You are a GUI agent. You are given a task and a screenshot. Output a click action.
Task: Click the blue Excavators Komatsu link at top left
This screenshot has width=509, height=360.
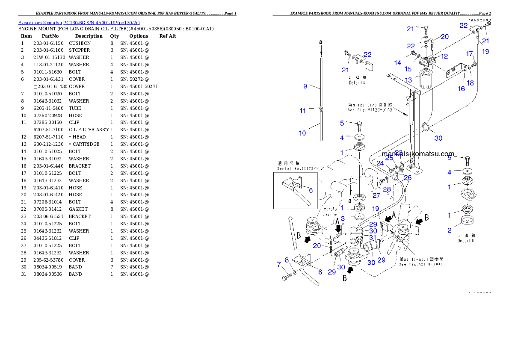coord(79,23)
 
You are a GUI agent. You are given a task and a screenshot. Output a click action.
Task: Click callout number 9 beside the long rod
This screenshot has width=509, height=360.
coord(305,86)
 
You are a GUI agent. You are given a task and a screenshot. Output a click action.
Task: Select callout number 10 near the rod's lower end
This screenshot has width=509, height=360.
coord(302,133)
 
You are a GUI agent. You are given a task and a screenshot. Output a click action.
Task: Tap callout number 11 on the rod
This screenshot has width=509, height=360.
coord(302,111)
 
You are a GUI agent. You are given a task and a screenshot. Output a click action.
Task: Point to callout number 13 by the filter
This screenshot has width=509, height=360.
coord(408,80)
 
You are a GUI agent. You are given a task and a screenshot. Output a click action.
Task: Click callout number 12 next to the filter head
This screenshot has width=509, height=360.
coord(444,56)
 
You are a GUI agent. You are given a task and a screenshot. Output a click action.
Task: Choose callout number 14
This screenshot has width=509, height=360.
coord(398,63)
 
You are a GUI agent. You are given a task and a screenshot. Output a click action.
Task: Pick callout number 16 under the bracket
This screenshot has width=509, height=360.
coord(462,89)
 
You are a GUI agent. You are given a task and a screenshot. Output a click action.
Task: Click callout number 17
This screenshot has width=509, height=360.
coord(470,54)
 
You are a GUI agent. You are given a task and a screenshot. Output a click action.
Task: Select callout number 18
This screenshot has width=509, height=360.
coord(471,83)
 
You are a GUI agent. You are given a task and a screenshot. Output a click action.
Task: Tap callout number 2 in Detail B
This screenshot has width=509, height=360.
coord(449,230)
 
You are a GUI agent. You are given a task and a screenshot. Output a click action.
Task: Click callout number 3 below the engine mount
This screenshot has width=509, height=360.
coord(343,218)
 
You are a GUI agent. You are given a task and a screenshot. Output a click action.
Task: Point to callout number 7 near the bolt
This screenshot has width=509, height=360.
coord(279,265)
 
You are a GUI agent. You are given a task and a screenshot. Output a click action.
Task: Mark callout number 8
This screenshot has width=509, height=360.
coord(287,260)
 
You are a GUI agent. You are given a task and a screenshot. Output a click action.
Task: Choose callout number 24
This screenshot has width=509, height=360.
coord(380,163)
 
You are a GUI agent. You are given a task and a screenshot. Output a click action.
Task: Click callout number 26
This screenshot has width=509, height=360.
coord(408,177)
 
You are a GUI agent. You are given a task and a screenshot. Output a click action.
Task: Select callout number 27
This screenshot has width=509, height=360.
coord(376,195)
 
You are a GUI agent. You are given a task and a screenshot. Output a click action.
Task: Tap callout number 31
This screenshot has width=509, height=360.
coord(373,238)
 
